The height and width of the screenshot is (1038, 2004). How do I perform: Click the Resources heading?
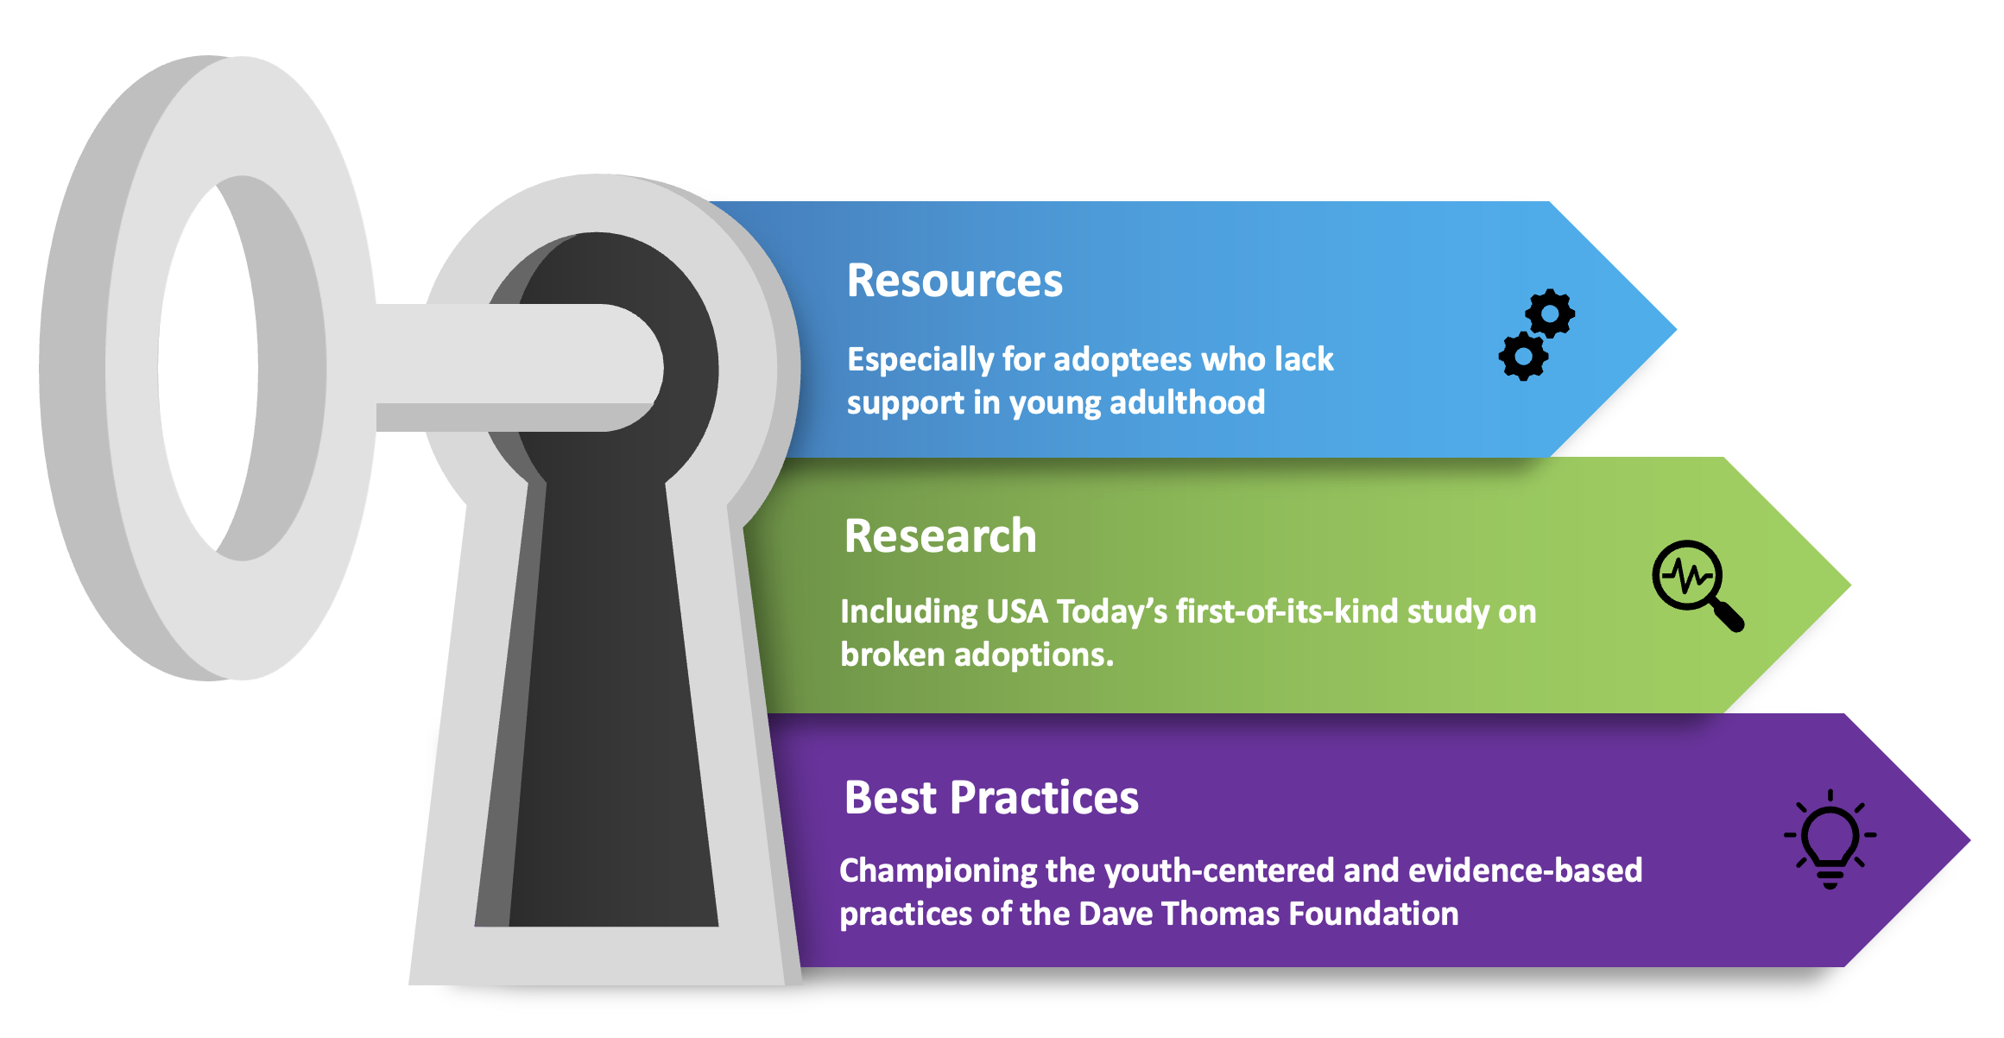(x=954, y=281)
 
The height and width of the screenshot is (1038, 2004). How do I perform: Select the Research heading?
(x=940, y=536)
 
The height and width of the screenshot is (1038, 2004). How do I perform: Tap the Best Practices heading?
(x=991, y=797)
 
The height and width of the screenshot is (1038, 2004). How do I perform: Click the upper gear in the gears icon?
(x=1551, y=313)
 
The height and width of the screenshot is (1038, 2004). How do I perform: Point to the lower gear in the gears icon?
(x=1523, y=356)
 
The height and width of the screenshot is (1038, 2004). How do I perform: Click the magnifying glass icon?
(x=1697, y=585)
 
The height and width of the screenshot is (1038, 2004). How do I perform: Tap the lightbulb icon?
(x=1830, y=839)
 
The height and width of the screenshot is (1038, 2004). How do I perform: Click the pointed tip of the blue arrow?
(x=1675, y=329)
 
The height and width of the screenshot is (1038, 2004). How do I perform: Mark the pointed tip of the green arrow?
(x=1849, y=585)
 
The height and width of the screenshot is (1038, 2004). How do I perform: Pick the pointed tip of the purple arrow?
(x=1969, y=839)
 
